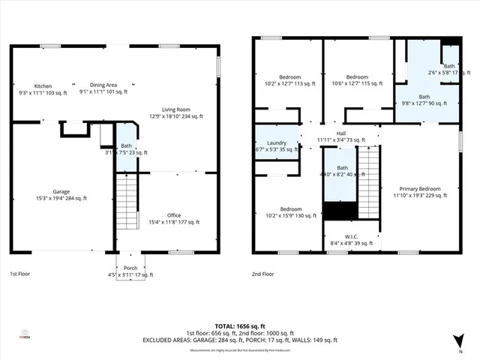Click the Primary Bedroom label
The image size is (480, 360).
coord(420,191)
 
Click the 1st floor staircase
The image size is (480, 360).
coord(128,200)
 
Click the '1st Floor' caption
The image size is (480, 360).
coord(21,274)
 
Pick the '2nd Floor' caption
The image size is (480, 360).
coord(262,274)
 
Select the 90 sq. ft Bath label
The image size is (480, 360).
coord(424,100)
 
